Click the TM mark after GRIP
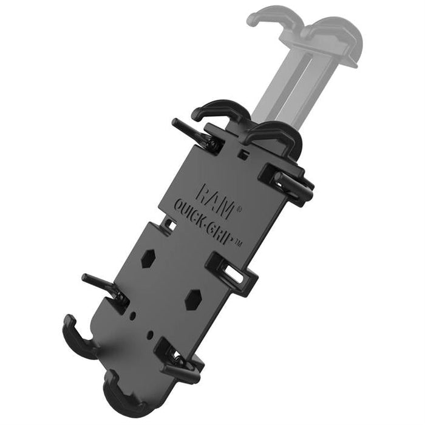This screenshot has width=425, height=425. [237, 243]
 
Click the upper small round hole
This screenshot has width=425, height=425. [133, 315]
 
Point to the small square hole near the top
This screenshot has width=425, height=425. [243, 154]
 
